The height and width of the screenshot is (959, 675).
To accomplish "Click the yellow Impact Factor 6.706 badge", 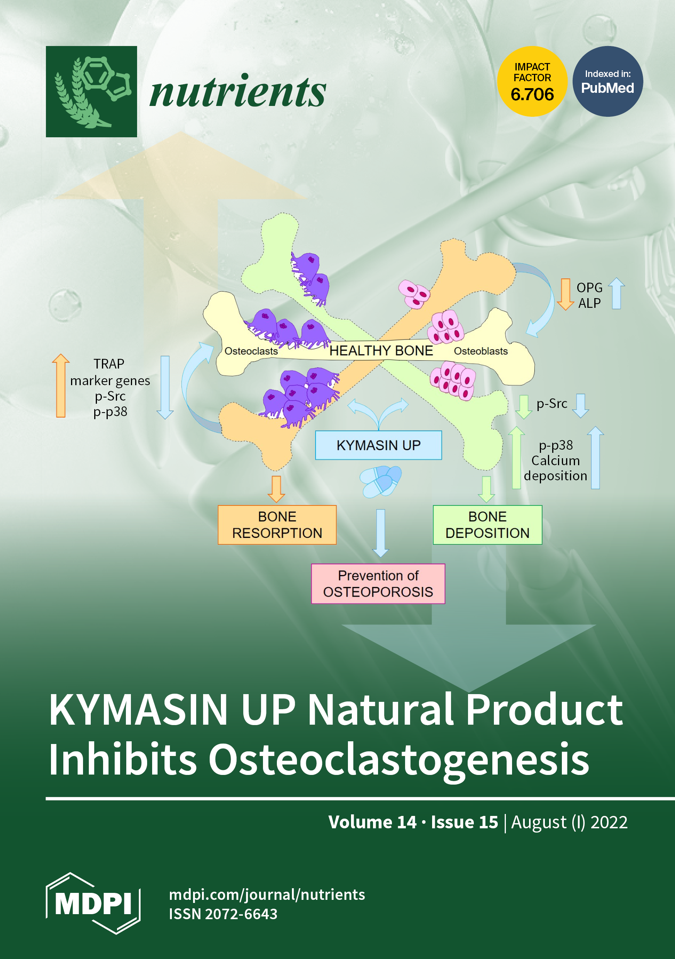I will [532, 82].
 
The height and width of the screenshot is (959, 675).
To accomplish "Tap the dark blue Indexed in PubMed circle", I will [607, 82].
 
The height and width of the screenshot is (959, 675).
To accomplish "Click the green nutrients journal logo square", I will [92, 92].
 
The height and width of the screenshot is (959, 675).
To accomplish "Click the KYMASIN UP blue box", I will [378, 445].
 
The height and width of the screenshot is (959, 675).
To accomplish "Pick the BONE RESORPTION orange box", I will [277, 525].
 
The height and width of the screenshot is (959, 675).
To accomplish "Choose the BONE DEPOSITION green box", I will [487, 525].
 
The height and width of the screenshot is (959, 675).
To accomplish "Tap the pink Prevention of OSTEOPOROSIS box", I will [378, 584].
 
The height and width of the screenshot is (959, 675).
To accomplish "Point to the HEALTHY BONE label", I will [381, 351].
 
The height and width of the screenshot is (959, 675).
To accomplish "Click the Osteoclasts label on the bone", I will [251, 351].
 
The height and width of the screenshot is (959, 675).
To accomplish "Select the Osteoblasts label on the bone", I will [481, 351].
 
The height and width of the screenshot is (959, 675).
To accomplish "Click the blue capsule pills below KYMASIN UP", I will [380, 481].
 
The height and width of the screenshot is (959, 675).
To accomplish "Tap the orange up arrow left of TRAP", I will [61, 385].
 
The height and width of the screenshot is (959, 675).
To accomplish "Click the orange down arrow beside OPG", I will [565, 294].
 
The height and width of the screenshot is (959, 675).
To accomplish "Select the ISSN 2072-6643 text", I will [223, 914].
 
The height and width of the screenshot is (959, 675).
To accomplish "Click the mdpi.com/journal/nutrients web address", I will [267, 895].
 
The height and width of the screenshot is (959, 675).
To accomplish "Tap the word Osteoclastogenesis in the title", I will [399, 759].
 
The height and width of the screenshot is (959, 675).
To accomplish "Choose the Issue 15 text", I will [464, 822].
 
